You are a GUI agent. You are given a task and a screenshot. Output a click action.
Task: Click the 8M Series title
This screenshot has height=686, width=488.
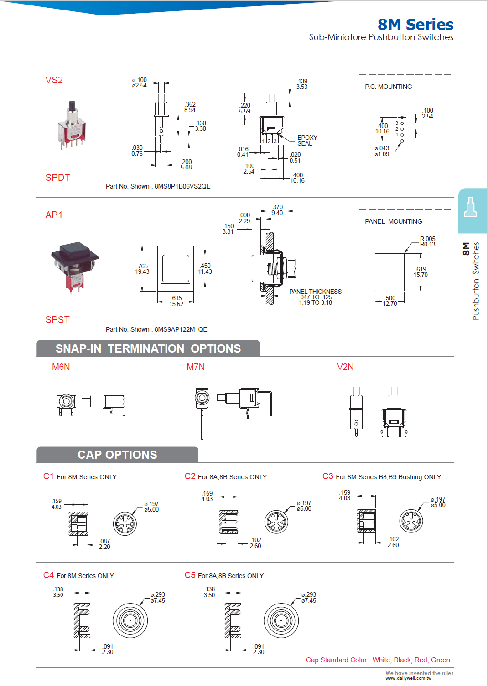coord(415,25)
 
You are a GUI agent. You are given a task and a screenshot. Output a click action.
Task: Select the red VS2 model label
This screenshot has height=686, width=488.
coord(54,80)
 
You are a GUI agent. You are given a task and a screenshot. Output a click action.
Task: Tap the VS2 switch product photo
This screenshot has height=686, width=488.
coord(72,126)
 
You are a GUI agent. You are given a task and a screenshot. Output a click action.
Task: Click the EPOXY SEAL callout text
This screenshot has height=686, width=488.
coord(307,140)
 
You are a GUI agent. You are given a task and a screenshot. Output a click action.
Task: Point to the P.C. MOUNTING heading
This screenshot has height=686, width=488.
coord(388,87)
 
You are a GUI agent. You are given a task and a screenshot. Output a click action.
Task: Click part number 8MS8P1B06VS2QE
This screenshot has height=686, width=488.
coord(182,186)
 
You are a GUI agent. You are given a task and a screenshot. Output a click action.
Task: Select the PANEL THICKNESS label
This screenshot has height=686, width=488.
coord(315,292)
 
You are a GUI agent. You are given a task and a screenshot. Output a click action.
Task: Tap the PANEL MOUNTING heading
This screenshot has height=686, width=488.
coord(393,221)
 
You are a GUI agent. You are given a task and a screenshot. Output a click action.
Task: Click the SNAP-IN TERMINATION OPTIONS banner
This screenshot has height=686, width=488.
coord(148,348)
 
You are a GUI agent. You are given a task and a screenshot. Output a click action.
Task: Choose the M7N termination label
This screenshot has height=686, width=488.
coord(196,367)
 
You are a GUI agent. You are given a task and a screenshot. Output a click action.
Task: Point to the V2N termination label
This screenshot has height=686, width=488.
coord(345,367)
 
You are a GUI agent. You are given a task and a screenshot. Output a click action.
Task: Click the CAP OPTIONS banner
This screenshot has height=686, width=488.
coord(117,455)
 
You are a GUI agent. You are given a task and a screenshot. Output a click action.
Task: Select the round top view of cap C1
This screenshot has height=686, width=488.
coord(125,524)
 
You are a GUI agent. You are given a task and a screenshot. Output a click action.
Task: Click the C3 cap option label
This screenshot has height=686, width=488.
coord(327,476)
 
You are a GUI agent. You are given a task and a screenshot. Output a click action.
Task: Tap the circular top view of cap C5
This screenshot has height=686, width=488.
coord(281,620)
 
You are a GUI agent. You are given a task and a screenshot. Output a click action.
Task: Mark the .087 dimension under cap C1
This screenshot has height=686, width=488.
coord(104,544)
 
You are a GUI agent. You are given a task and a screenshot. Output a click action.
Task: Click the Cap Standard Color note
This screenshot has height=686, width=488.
coord(378,660)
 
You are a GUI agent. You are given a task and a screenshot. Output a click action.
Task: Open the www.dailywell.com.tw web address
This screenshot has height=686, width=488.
coord(408,678)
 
